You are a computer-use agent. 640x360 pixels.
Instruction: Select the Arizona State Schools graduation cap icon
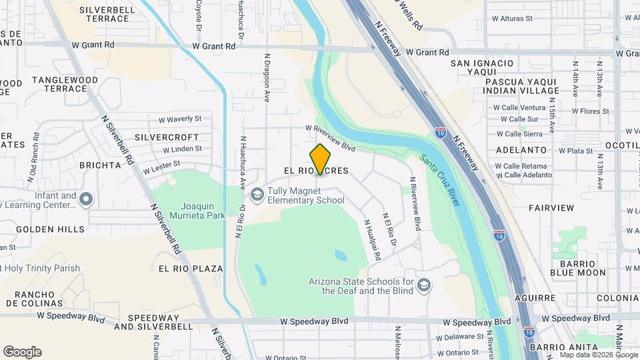click(423, 286)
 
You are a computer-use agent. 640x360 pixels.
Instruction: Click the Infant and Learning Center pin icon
click(86, 199)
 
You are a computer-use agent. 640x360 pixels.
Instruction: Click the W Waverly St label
click(179, 119)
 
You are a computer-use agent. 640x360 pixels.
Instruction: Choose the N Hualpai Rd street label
click(372, 240)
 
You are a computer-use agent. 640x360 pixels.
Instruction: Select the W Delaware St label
click(460, 337)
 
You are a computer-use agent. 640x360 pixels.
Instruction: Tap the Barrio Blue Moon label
click(578, 267)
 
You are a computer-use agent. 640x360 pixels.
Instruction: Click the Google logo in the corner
click(22, 351)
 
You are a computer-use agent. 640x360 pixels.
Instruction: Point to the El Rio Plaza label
click(191, 268)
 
